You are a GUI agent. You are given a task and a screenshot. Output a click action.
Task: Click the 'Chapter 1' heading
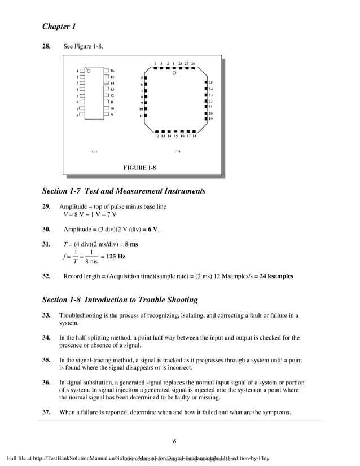[x=59, y=27]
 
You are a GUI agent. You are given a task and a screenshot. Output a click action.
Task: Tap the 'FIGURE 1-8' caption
[x=139, y=168]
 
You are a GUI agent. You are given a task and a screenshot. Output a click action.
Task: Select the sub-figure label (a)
[x=94, y=152]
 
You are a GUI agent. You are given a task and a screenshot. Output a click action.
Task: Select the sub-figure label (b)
[x=177, y=152]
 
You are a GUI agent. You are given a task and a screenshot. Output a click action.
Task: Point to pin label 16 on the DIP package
[x=112, y=71]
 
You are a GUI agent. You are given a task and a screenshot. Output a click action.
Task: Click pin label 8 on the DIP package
[x=77, y=115]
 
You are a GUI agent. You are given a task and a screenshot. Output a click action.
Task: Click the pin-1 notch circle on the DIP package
[x=89, y=71]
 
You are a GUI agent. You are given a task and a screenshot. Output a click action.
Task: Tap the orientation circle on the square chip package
[x=174, y=73]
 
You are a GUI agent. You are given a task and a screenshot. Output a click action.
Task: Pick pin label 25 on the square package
[x=210, y=83]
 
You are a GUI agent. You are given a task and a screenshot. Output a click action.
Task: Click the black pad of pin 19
[x=205, y=119]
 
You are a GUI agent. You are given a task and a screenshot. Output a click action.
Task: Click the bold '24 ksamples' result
[x=276, y=277]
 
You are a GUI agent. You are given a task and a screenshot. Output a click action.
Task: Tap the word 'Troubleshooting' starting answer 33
[x=81, y=315]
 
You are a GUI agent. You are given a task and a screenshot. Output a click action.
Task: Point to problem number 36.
[x=47, y=381]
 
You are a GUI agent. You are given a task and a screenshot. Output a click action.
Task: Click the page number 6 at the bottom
[x=175, y=441]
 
